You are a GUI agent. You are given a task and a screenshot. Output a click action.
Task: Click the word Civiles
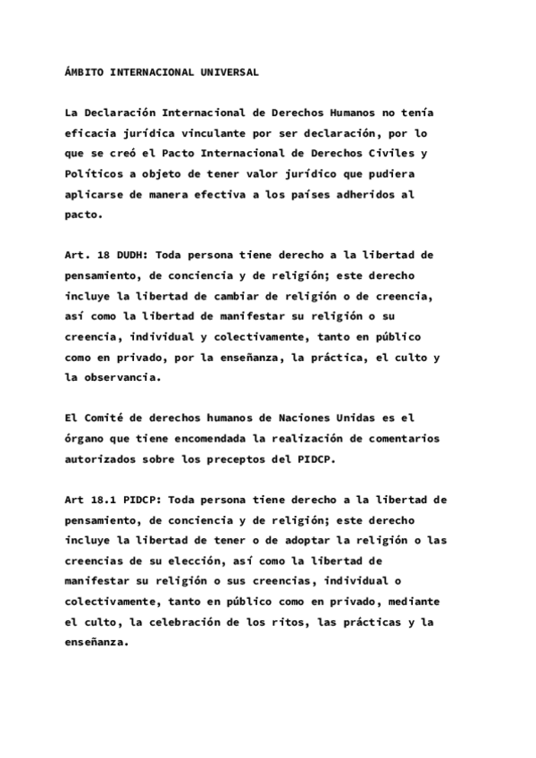(393, 152)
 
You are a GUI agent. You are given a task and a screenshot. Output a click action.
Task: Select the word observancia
(125, 377)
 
